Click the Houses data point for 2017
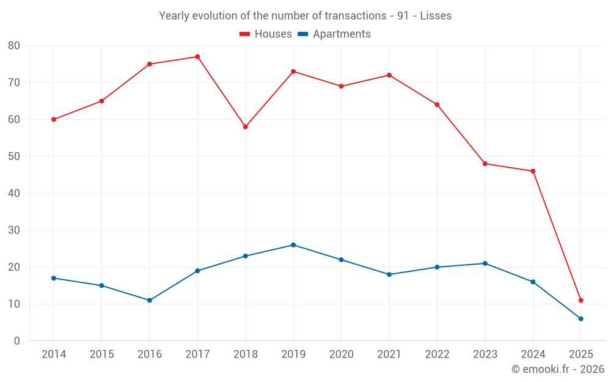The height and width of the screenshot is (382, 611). (x=197, y=57)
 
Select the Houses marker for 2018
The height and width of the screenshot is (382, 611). (x=245, y=127)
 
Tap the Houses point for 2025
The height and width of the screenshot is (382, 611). (x=580, y=300)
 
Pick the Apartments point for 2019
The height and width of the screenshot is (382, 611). (x=293, y=245)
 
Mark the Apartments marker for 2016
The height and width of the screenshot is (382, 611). (x=149, y=300)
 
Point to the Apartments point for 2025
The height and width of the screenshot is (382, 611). (x=580, y=318)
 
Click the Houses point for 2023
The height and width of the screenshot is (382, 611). (x=485, y=164)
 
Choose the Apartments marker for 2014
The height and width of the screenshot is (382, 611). (x=54, y=278)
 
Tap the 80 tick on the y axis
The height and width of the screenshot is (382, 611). (x=14, y=46)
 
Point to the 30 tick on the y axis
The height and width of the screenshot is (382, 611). (x=14, y=230)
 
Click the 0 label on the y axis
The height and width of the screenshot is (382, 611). (x=17, y=341)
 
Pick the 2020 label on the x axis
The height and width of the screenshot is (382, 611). (x=341, y=354)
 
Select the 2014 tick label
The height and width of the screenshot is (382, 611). (x=54, y=354)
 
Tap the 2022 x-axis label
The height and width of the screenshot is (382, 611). (x=437, y=354)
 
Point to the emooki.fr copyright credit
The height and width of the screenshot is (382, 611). (x=557, y=369)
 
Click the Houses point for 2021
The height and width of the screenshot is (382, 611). (x=389, y=75)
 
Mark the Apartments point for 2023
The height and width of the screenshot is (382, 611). (x=485, y=263)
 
